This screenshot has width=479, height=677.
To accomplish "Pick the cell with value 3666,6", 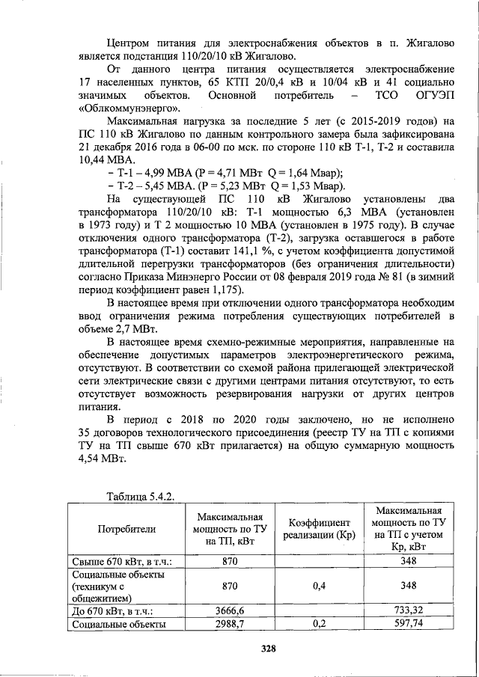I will [x=231, y=610].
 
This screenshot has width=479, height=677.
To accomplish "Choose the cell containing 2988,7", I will [x=231, y=622].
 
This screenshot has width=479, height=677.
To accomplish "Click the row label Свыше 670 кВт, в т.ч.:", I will [x=122, y=561].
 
